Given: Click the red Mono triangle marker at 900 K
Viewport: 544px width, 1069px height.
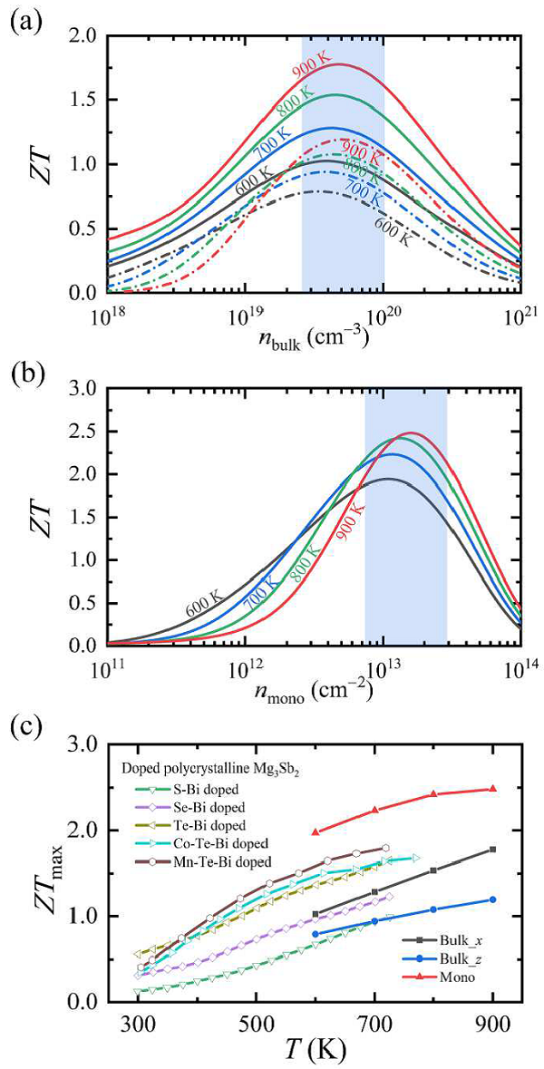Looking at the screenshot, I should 492,789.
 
